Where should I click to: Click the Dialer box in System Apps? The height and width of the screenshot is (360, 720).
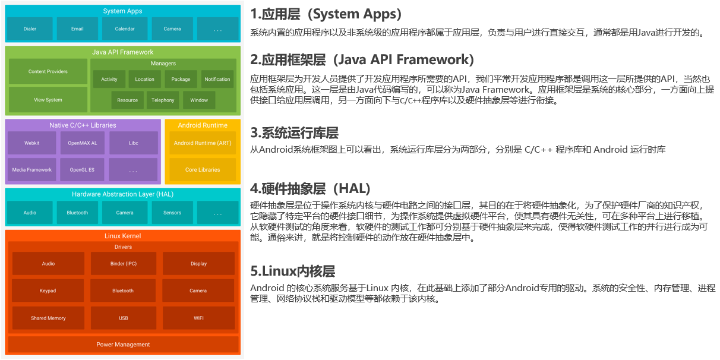pos(30,29)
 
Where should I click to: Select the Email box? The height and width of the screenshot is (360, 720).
pos(77,29)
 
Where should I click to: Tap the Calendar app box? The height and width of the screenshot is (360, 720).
pos(125,29)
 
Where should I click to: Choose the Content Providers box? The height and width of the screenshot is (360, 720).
pos(48,71)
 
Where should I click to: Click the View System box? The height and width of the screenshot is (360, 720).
pos(48,100)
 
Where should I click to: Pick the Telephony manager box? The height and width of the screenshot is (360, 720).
pos(163,100)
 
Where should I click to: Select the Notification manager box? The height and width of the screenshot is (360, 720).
pos(217,79)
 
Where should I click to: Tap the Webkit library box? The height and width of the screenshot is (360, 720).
pos(31,143)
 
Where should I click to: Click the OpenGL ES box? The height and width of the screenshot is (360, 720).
pos(82,170)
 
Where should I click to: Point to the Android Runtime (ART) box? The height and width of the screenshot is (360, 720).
pos(203,143)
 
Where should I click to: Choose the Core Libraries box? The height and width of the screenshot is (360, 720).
pos(203,170)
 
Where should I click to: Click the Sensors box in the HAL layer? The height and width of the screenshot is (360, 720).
pos(172,213)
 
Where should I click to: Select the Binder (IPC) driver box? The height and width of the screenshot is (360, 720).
pos(124,264)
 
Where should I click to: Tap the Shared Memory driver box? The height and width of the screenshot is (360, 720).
pos(48,318)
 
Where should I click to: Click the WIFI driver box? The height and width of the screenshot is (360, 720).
pos(198,318)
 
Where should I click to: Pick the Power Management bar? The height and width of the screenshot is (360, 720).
pos(123,345)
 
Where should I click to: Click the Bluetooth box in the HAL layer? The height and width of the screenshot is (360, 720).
pos(77,213)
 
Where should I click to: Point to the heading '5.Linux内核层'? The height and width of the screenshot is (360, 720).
pos(293,271)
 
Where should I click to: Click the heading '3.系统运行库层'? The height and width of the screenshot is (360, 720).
pos(294,132)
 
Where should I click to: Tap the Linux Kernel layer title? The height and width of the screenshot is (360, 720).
pos(123,236)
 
